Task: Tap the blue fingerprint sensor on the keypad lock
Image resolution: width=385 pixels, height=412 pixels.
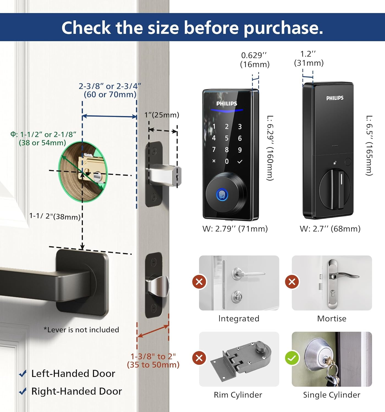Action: tap(222, 195)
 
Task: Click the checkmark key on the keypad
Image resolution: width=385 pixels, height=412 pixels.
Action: tap(240, 162)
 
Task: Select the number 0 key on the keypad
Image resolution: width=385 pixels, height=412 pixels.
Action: tap(227, 162)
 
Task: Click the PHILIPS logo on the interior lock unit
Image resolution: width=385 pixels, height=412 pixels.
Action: tap(335, 98)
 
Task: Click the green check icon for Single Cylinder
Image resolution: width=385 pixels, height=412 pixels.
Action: tap(292, 358)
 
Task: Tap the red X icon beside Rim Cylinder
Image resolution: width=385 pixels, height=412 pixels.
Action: tap(199, 358)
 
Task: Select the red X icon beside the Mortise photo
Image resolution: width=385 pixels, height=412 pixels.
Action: tap(292, 282)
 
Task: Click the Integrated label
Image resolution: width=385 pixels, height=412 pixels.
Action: tap(239, 319)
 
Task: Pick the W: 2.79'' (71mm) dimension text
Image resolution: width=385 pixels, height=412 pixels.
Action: tap(235, 229)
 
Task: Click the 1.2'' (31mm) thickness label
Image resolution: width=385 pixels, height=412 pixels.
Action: tap(309, 59)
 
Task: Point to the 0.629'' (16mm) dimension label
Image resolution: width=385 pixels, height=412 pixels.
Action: tap(255, 60)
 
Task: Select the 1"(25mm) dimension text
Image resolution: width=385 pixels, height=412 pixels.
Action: tap(162, 115)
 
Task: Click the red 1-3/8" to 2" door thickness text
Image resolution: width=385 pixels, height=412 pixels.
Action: tap(153, 360)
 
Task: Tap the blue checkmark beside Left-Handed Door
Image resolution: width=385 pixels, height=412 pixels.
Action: tap(23, 374)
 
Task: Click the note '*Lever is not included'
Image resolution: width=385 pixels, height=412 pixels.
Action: tap(81, 330)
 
